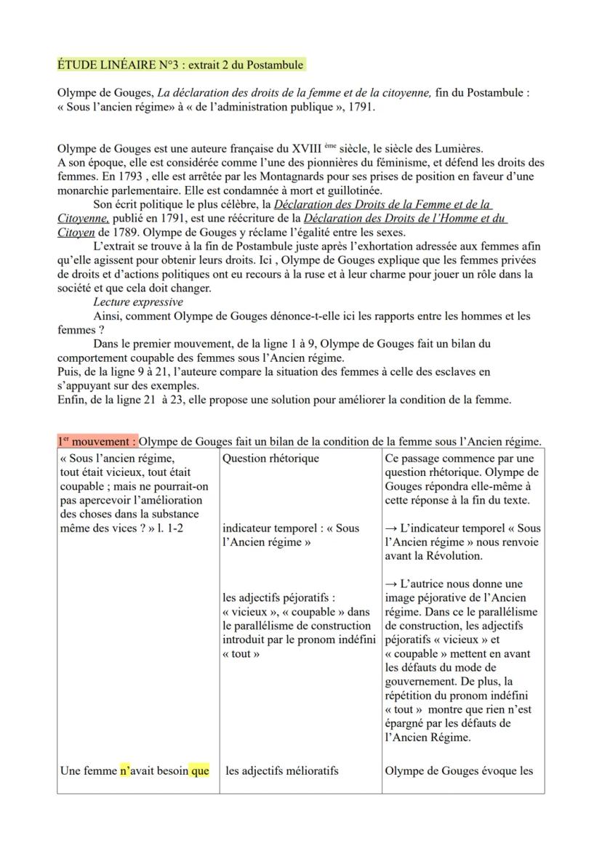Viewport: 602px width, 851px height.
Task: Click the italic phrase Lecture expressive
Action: coord(138,302)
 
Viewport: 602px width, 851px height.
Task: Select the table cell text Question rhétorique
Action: coord(270,458)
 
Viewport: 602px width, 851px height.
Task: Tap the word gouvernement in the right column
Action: coord(420,681)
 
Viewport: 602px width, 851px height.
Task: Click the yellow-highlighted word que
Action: coord(200,770)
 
